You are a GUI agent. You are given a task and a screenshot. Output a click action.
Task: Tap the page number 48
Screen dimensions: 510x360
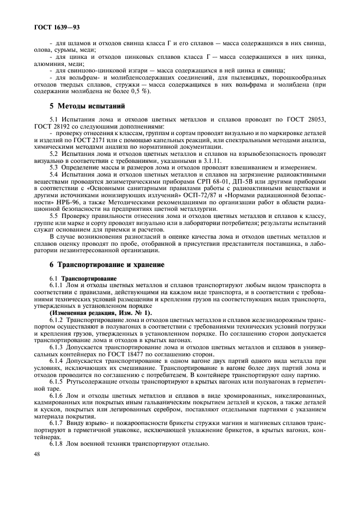click(x=38, y=453)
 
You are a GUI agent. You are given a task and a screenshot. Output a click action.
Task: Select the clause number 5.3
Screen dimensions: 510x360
click(x=56, y=167)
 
